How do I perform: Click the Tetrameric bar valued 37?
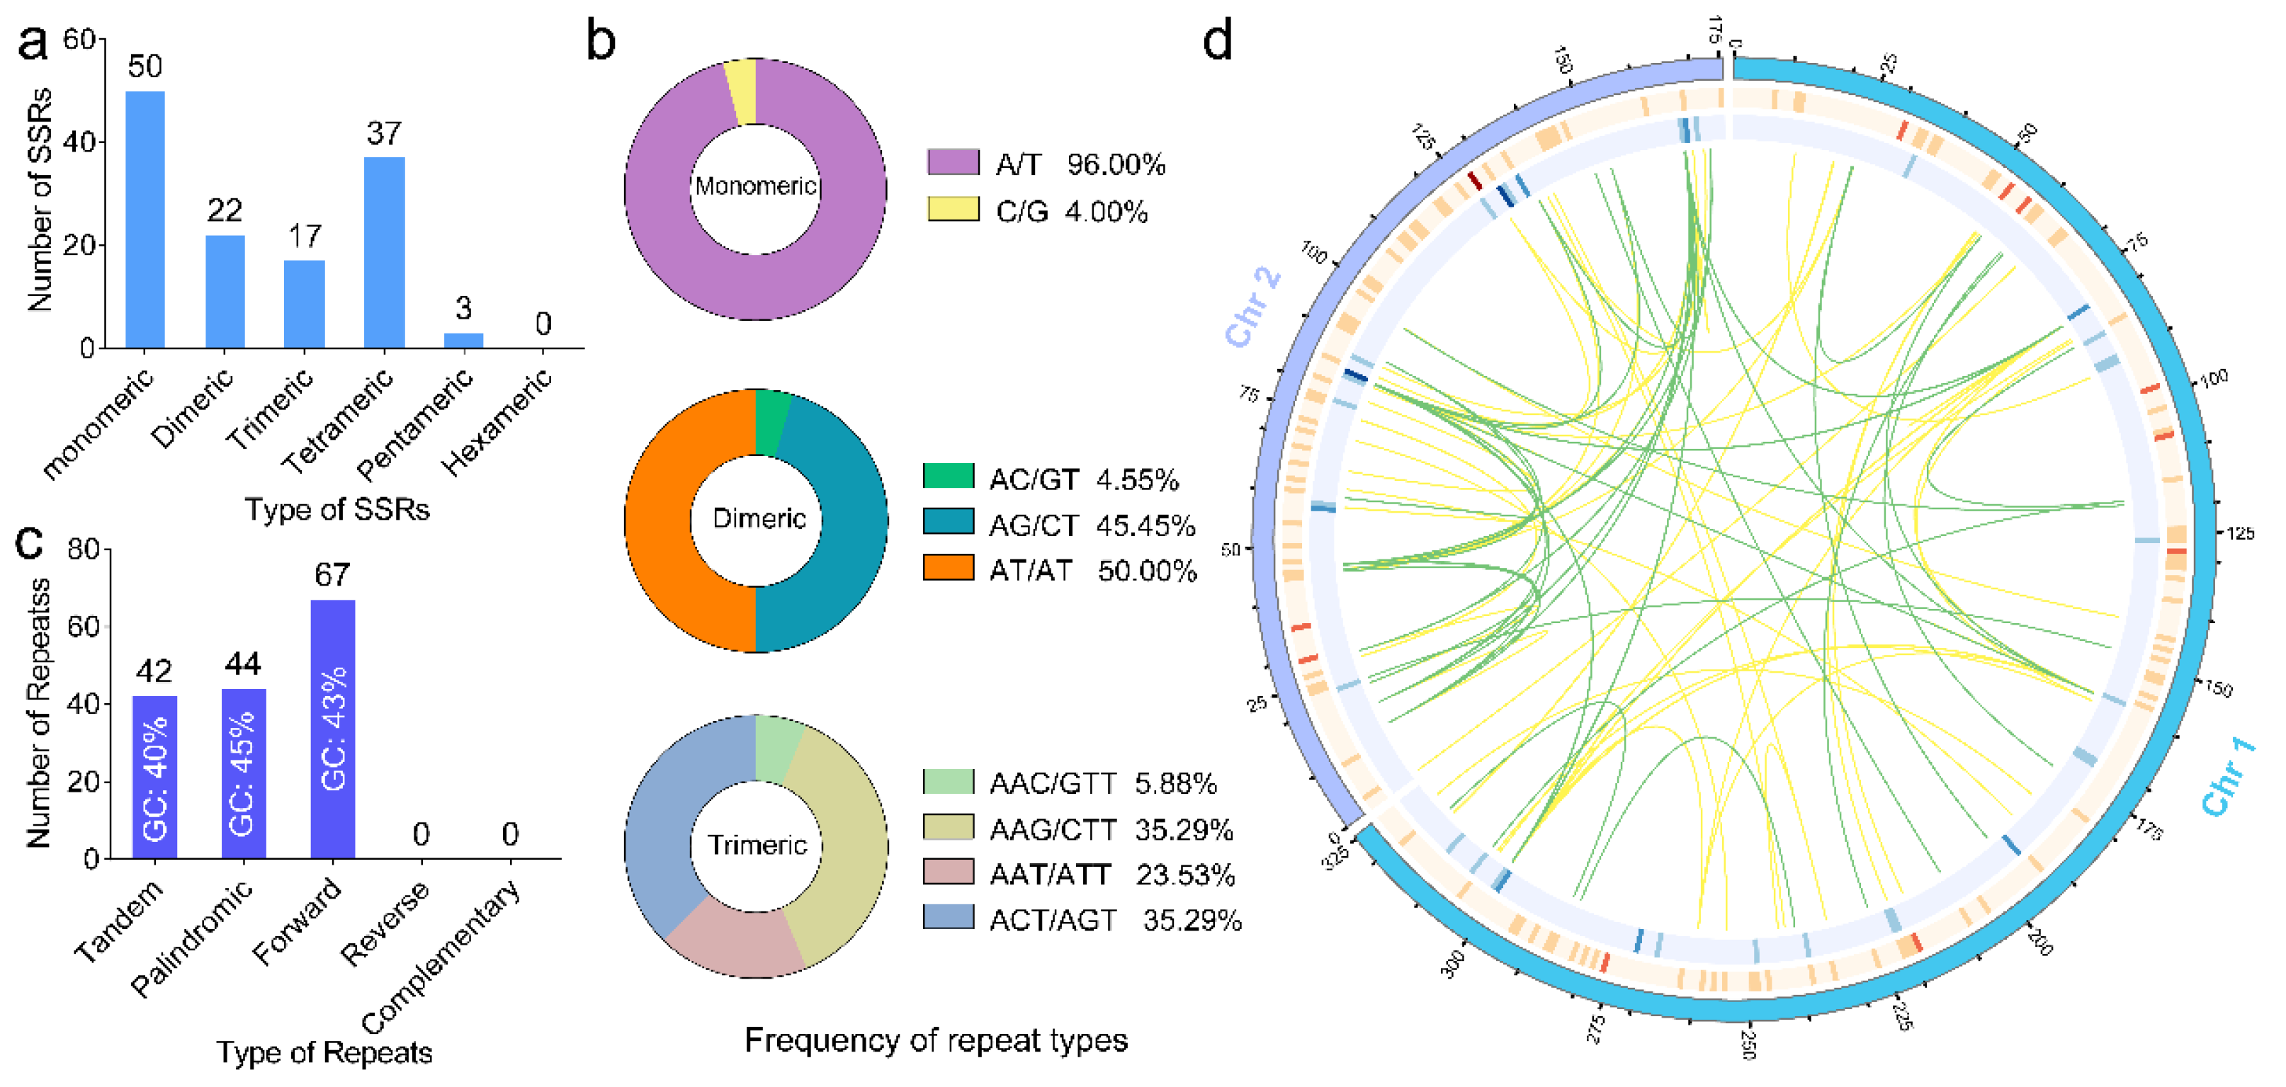click(x=384, y=253)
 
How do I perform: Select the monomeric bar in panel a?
click(x=145, y=220)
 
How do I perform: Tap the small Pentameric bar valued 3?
click(x=463, y=341)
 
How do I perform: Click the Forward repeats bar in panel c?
click(x=333, y=729)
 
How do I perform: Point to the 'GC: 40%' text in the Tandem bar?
click(x=155, y=778)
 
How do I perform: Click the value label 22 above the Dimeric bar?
click(x=225, y=210)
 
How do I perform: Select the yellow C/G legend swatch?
click(x=952, y=210)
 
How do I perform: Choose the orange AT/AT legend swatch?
click(x=948, y=568)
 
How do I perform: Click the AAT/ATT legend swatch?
click(x=948, y=872)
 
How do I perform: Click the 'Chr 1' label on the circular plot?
click(x=2229, y=775)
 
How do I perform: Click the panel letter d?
click(x=1218, y=41)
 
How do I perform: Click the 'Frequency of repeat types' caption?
click(x=935, y=1040)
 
